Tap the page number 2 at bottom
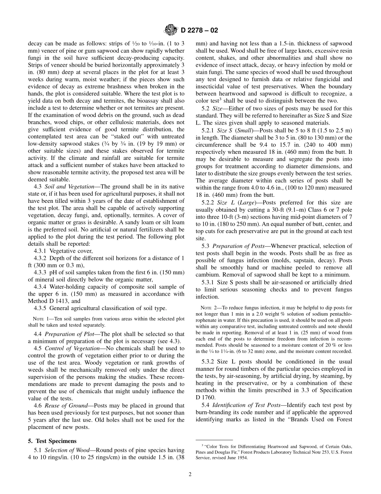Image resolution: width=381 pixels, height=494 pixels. click(190, 474)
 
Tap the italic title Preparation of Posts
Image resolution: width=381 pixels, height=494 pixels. click(238, 246)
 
